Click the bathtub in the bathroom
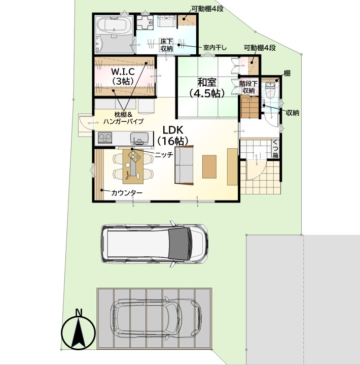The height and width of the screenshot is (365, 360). [x=114, y=25]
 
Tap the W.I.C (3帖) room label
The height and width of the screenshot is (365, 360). [x=123, y=76]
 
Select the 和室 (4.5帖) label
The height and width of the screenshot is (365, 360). [x=207, y=88]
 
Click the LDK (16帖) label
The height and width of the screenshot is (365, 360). [x=173, y=135]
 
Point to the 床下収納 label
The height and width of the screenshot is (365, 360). [x=166, y=45]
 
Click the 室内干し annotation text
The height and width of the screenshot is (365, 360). [x=214, y=48]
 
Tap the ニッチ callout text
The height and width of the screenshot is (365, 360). [x=164, y=154]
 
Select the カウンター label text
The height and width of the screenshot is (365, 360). [x=127, y=193]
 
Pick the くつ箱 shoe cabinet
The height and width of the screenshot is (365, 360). [x=276, y=149]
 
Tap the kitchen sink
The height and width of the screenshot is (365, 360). [x=139, y=138]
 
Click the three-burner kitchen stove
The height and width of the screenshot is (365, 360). [x=105, y=138]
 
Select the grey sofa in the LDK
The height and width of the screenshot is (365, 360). [x=184, y=165]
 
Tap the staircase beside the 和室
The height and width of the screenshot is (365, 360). [x=250, y=108]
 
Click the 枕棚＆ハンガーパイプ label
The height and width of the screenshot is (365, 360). [x=123, y=118]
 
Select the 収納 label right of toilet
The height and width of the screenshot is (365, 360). [x=293, y=113]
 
